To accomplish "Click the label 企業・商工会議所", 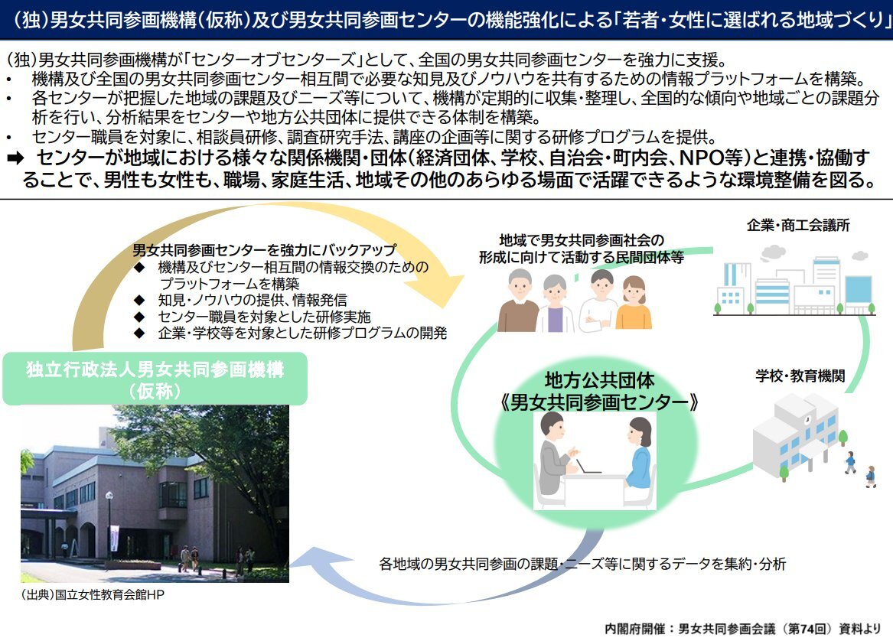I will click(798, 226).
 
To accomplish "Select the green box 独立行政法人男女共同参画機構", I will click(155, 379).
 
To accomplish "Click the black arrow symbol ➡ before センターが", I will click(15, 158).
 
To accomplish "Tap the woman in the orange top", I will click(634, 303).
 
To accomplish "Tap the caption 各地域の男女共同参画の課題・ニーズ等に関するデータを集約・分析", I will click(582, 565).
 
